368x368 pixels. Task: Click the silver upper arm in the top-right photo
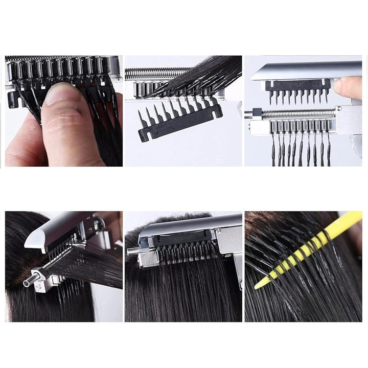[307, 70]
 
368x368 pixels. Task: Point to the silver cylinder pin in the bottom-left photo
[30, 281]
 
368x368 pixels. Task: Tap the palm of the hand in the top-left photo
[20, 148]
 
